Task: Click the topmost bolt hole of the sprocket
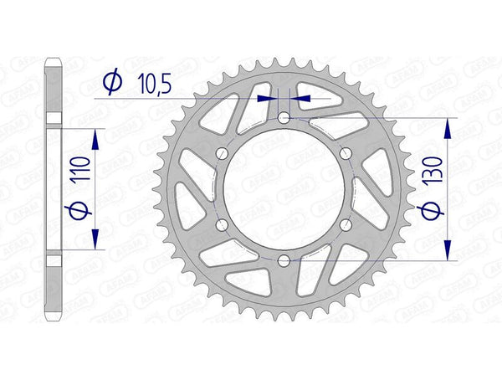[x=284, y=119]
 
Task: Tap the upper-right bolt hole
[x=345, y=154]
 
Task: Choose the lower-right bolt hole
[x=345, y=225]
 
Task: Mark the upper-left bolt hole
[x=222, y=154]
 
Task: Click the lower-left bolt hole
[x=222, y=225]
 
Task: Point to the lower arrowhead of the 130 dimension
[x=449, y=251]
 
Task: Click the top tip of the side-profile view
[x=53, y=59]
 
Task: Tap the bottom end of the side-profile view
[x=53, y=319]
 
